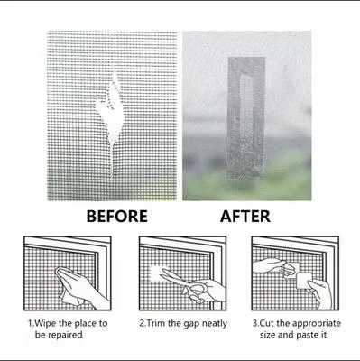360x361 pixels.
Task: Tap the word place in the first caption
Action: (x=87, y=321)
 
